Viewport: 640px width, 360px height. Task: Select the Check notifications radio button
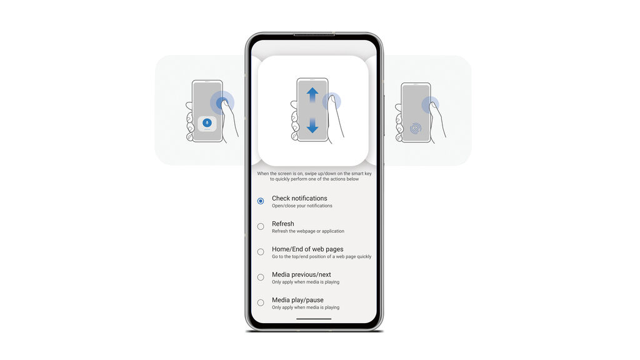coord(261,201)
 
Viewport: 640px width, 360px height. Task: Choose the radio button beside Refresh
coord(261,226)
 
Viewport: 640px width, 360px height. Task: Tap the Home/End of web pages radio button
coord(261,252)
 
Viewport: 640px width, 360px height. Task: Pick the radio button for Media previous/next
coord(261,277)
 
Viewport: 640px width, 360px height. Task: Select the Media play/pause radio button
coord(261,303)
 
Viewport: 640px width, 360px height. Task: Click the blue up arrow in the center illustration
coord(312,95)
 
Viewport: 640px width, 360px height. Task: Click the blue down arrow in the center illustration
coord(312,125)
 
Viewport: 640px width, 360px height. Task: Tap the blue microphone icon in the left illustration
coord(207,122)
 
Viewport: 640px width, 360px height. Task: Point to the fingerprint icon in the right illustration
coord(416,129)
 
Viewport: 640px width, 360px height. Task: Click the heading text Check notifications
coord(299,198)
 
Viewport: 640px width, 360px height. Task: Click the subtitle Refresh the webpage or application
coord(308,231)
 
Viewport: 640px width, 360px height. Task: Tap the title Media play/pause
coord(297,300)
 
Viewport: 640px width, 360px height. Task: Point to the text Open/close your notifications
coord(302,206)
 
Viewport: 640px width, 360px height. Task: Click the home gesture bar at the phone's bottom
coord(314,319)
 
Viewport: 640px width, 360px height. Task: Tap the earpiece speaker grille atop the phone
coord(314,35)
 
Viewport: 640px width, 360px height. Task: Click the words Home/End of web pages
coord(307,249)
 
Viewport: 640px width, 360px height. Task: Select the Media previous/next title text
coord(302,275)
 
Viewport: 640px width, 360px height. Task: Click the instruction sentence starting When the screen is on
coord(314,176)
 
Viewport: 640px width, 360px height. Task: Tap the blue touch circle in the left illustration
coord(222,102)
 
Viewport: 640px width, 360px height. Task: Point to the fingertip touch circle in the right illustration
coord(430,105)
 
